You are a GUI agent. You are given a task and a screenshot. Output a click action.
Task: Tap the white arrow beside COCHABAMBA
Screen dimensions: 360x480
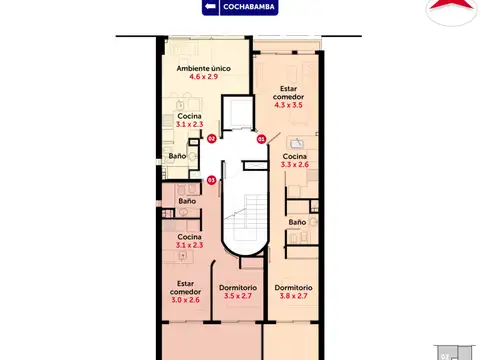[x=210, y=7]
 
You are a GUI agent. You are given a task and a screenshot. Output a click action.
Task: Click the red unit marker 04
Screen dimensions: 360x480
[x=211, y=140]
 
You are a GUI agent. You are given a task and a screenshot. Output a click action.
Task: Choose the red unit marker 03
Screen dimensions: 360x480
[x=262, y=140]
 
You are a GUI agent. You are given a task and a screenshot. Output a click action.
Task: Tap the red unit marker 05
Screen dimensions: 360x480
[x=211, y=180]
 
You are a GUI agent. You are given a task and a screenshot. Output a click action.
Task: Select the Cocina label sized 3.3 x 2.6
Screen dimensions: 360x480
[x=294, y=157]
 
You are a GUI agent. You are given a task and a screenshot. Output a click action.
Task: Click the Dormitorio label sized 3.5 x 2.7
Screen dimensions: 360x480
[x=240, y=287]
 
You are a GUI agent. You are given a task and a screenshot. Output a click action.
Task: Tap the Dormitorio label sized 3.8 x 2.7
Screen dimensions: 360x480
[x=295, y=287]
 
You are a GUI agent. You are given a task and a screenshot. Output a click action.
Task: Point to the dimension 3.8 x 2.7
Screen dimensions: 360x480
[x=295, y=296]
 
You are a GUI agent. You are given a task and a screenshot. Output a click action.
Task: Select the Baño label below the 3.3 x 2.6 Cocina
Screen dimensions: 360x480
[x=297, y=222]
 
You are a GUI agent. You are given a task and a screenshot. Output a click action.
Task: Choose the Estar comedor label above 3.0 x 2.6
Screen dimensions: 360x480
[x=187, y=287]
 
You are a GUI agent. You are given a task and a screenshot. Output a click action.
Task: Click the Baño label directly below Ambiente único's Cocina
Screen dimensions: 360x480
[x=177, y=157]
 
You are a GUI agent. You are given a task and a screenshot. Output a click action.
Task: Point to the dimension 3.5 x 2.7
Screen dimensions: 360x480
[x=240, y=296]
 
